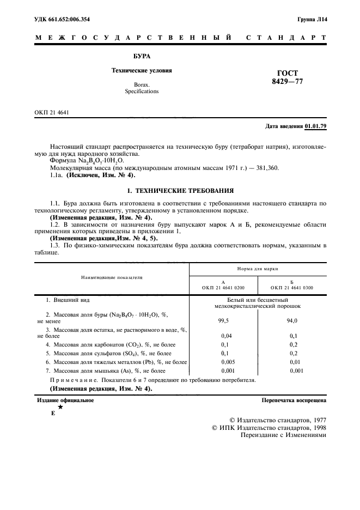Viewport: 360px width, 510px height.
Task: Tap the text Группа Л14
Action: click(312, 20)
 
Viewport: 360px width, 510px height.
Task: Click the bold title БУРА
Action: click(142, 56)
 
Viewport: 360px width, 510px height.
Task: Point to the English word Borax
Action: click(142, 84)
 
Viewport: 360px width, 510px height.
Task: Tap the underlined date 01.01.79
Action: click(315, 126)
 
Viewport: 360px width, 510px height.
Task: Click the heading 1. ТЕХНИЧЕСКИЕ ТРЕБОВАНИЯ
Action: click(180, 191)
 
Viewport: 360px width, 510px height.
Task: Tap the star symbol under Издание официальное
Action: click(60, 407)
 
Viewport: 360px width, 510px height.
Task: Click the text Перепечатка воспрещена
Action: click(294, 400)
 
